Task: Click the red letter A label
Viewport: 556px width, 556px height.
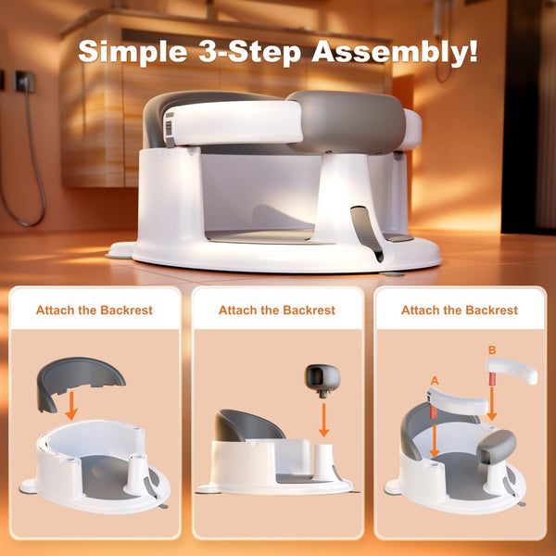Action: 434,381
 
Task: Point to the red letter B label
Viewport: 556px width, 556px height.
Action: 491,350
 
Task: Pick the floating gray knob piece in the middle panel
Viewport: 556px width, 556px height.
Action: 322,379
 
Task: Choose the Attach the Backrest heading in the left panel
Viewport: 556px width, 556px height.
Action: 95,310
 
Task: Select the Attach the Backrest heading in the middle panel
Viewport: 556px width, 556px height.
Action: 277,310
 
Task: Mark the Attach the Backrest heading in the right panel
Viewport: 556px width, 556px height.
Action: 460,310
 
